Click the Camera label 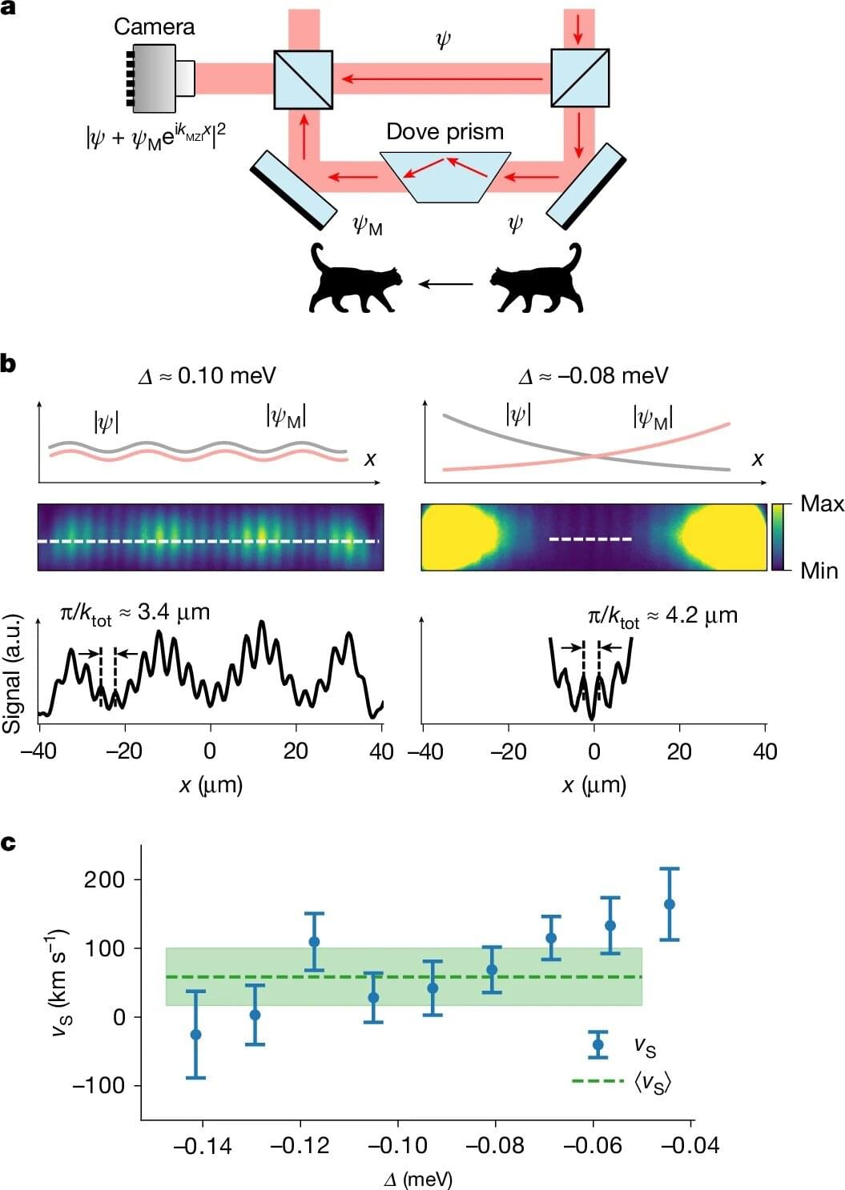click(154, 26)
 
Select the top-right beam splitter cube click(580, 78)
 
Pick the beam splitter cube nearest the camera click(303, 78)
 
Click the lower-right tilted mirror click(585, 186)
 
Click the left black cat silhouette click(355, 280)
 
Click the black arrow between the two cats click(445, 282)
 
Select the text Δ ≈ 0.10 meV click(207, 375)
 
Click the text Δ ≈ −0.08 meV click(593, 375)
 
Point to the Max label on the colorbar click(822, 503)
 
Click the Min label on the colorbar click(819, 571)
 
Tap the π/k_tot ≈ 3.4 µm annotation click(135, 614)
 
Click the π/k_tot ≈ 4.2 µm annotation click(662, 615)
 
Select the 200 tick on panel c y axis click(104, 879)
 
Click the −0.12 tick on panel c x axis click(300, 1146)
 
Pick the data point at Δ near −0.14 click(195, 1035)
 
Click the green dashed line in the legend click(598, 1081)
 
